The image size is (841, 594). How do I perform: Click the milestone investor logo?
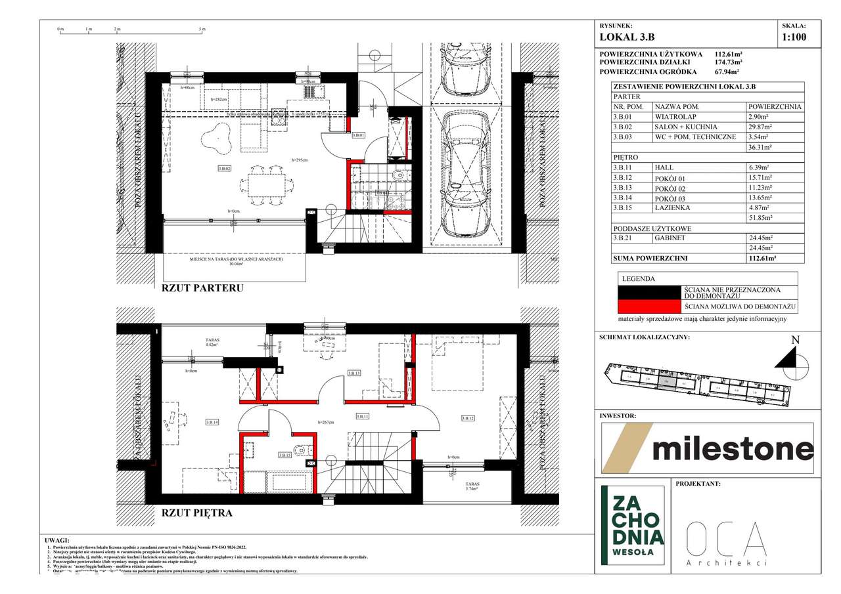coord(708,448)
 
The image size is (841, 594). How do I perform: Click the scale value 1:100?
coord(793,37)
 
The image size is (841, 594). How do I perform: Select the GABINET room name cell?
coord(670,238)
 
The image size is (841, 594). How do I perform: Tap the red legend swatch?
coord(650,306)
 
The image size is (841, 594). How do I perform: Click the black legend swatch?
coord(650,292)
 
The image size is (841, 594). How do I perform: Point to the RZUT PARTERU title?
coord(202,287)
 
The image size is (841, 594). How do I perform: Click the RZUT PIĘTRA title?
coord(196,513)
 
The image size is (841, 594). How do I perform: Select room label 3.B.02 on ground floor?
coord(225,169)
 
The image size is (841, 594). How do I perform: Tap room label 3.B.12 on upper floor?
coord(468,418)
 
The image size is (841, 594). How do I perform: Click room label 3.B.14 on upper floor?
coord(212,422)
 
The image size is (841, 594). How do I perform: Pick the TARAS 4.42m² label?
coord(211,342)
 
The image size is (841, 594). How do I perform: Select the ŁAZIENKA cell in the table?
coord(671,207)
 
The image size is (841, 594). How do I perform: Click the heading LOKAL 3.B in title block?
coord(627,38)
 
